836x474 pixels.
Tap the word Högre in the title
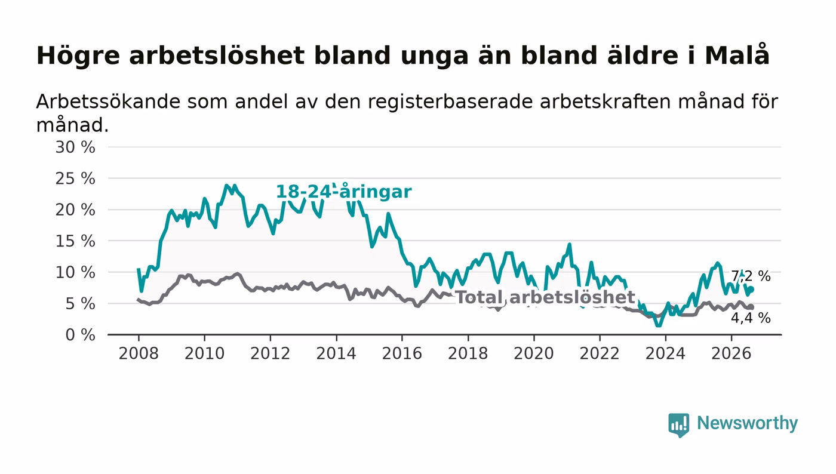pos(78,56)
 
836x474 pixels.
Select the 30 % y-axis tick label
pos(75,147)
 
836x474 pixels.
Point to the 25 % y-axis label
pos(75,178)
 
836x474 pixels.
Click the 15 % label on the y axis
pos(75,241)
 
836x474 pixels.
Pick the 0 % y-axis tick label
pos(80,335)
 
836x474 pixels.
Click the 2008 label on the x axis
pos(139,353)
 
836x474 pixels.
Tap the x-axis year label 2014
pos(336,353)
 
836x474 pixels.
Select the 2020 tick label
pos(534,353)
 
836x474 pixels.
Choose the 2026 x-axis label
pos(731,353)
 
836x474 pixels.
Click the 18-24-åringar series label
pos(344,192)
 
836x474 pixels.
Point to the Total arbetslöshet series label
pos(546,297)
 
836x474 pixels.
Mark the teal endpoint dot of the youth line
pos(751,290)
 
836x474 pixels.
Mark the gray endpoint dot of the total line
pos(751,307)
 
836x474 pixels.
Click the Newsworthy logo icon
pos(678,425)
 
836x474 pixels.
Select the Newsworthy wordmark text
pos(747,423)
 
